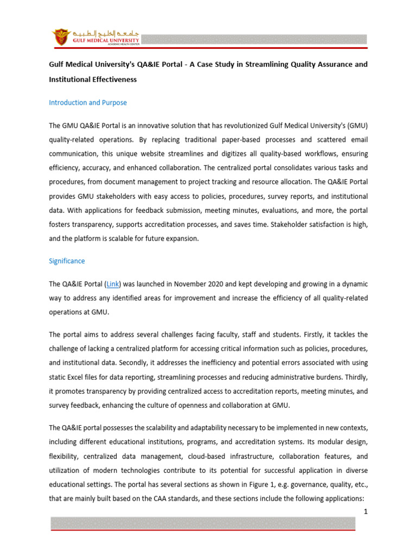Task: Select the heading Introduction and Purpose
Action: [87, 102]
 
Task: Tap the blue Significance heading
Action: [67, 261]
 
